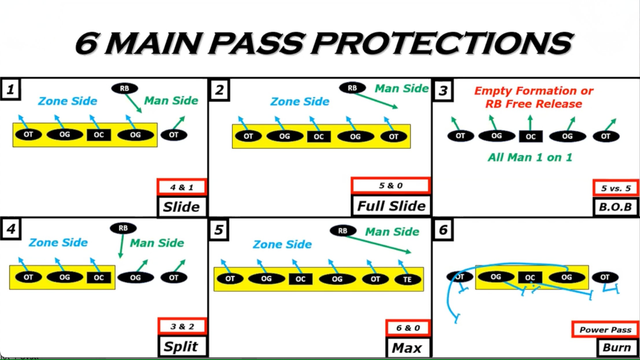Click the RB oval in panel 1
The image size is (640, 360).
point(124,88)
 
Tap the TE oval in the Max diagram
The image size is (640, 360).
point(407,279)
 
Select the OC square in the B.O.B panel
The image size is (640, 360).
point(530,136)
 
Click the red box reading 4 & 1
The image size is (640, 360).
point(182,187)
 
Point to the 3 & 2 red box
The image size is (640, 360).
point(182,326)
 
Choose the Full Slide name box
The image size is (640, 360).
point(391,206)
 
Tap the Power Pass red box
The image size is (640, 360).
point(605,330)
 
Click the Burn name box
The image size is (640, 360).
point(616,347)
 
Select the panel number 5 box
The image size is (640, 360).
point(219,230)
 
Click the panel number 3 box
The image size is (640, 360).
point(443,90)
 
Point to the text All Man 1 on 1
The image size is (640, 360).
point(530,158)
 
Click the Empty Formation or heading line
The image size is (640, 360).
point(534,91)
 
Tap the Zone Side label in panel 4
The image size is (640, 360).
point(58,242)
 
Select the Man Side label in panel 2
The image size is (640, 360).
point(402,88)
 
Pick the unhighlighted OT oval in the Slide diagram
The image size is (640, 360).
point(174,135)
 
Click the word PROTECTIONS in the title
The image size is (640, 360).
point(442,43)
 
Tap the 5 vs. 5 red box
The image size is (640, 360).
point(616,188)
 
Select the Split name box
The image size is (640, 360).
point(181,346)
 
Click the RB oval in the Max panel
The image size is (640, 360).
point(343,231)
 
